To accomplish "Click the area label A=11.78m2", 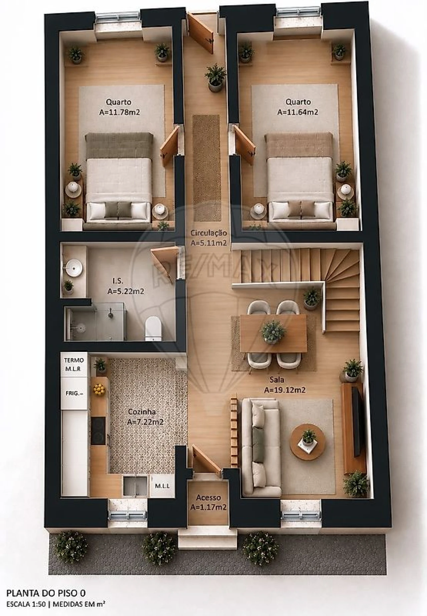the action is (x=119, y=113).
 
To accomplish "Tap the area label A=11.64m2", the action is (x=298, y=112).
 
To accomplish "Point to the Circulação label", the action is (x=209, y=233).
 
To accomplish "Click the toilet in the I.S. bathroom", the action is (x=153, y=329).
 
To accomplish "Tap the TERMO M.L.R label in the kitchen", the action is (x=74, y=365).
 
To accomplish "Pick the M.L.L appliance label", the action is (x=162, y=486).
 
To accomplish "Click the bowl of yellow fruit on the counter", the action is (x=99, y=389).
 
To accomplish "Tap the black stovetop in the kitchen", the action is (x=98, y=430).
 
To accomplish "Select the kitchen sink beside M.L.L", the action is (x=135, y=485).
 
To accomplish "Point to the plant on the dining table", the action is (x=273, y=332).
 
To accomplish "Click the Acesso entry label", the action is (x=208, y=498).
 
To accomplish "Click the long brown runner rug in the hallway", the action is (x=207, y=168).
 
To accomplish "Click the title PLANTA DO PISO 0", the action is (x=46, y=593).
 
